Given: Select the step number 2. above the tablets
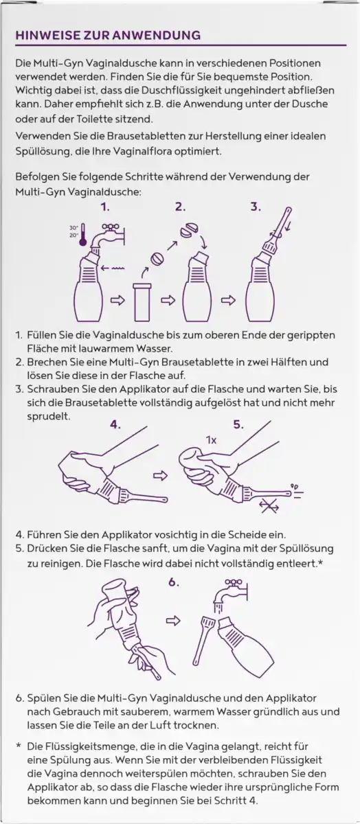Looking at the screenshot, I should pos(181,205).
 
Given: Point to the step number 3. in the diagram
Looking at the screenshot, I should pos(256,205).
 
